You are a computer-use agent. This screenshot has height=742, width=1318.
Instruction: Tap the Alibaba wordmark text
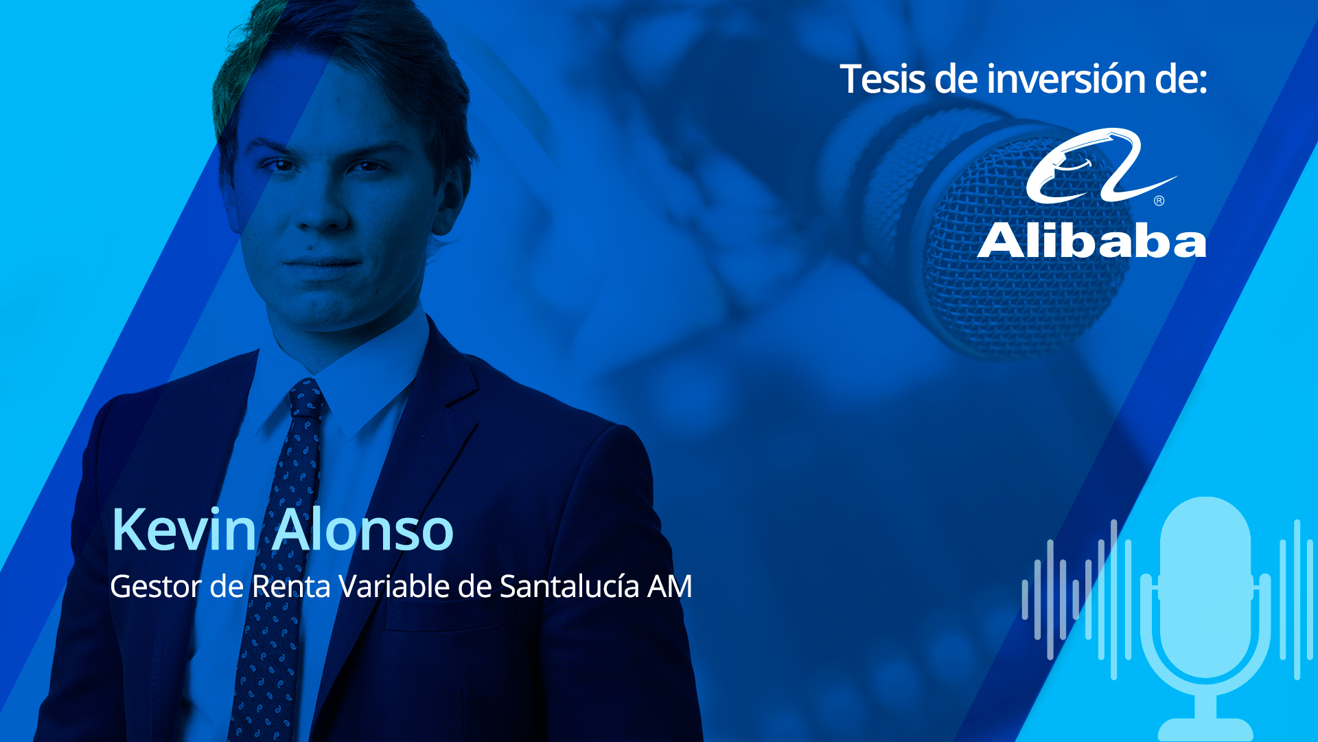[x=1091, y=241]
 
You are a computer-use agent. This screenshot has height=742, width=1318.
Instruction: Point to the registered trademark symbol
[x=1159, y=201]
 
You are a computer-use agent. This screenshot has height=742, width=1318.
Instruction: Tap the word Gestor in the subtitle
[x=155, y=586]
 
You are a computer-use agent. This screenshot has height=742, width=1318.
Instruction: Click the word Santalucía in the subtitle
[x=569, y=586]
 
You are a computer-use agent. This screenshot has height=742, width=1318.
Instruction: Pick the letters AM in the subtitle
[x=670, y=586]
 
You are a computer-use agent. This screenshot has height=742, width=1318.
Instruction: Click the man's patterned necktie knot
[x=306, y=397]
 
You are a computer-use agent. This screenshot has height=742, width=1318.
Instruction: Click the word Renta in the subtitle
[x=291, y=586]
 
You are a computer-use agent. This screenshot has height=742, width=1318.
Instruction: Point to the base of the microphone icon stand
[x=1205, y=730]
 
